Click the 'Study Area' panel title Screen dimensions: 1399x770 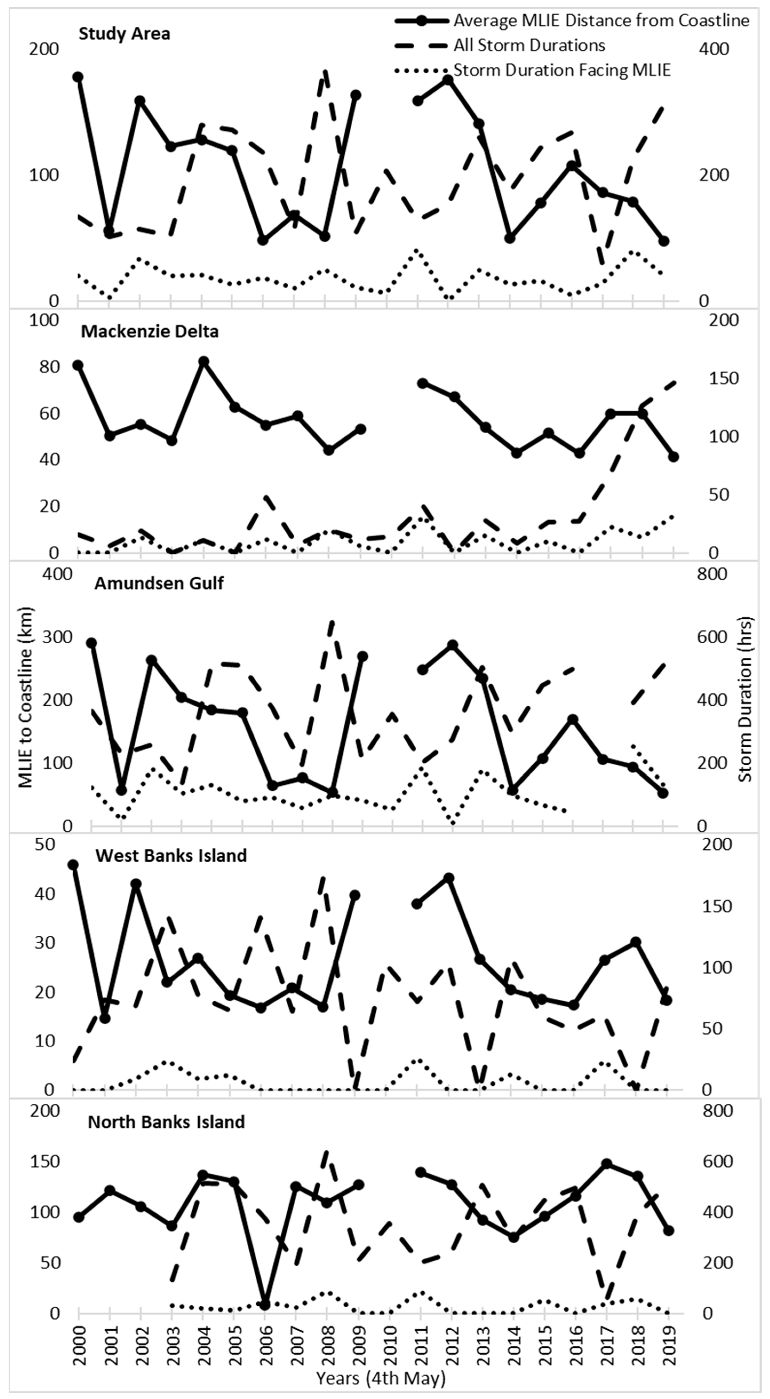[124, 34]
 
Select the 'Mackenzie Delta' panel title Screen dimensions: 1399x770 [150, 331]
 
